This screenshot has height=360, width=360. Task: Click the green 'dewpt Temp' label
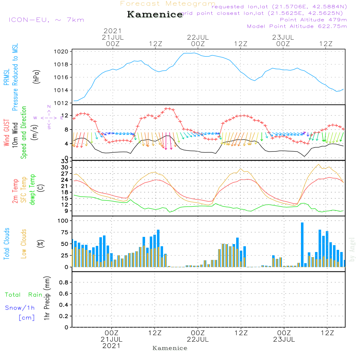32,190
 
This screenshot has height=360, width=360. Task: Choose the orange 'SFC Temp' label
24,190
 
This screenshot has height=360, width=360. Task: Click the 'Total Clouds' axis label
6,244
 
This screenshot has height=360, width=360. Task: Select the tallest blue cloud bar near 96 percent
302,245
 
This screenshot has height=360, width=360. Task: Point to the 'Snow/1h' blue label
20,308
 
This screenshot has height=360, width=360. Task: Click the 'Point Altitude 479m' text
313,19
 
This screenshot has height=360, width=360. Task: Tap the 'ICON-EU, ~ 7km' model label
46,20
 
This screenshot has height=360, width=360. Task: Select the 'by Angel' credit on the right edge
352,249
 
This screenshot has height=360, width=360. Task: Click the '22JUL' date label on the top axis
198,37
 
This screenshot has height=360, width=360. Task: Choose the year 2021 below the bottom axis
112,346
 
